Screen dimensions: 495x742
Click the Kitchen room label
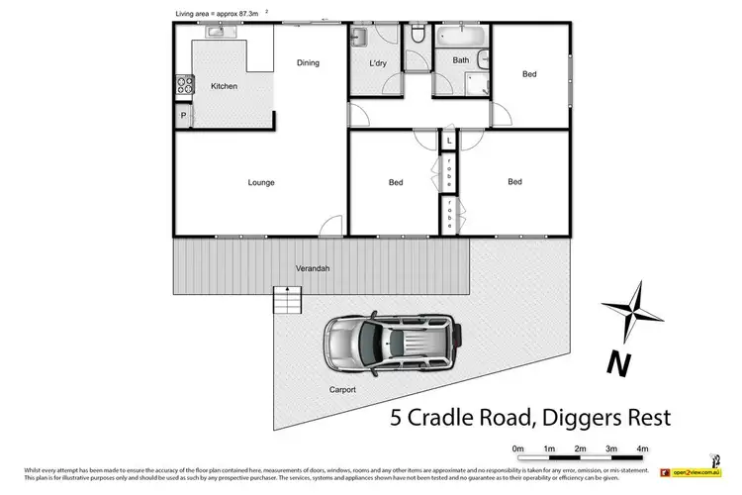coord(225,87)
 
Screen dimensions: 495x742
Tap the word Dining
coord(308,63)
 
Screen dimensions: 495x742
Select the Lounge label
coord(261,182)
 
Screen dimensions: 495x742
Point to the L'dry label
coord(377,64)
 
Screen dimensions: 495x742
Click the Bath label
coord(461,60)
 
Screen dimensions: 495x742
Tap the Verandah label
coord(313,269)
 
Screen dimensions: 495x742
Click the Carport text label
coord(342,390)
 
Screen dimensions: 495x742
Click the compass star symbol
coord(632,308)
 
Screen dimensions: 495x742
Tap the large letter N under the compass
coord(620,363)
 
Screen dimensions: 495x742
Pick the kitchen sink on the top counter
coord(219,33)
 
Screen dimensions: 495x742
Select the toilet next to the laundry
coord(417,37)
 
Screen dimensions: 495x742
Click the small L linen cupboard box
coord(448,143)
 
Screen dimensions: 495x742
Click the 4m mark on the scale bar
coord(642,448)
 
